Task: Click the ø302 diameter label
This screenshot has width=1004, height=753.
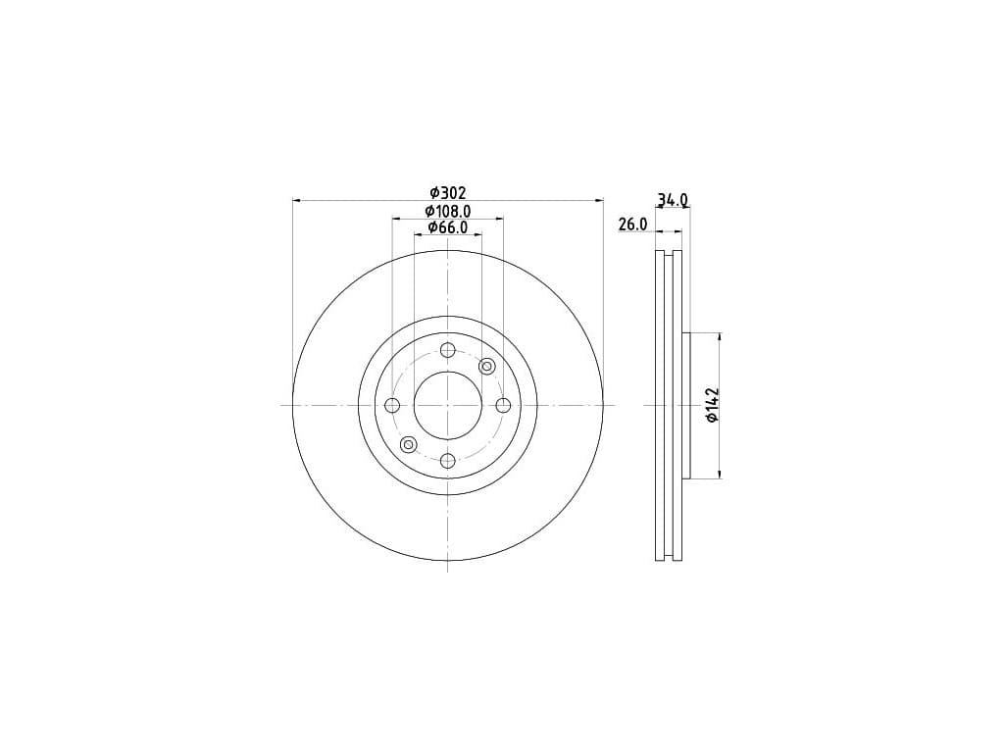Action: [x=448, y=192]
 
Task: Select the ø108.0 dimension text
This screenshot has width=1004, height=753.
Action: [x=448, y=211]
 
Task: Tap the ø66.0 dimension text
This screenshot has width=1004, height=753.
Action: [x=448, y=226]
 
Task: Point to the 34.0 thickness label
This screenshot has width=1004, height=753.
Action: [x=673, y=200]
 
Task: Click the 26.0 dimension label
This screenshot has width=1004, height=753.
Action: [x=633, y=225]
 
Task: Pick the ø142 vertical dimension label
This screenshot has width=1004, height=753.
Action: [x=713, y=405]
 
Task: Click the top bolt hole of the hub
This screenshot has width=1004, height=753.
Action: [x=447, y=350]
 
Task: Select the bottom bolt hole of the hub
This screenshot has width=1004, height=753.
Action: [x=447, y=461]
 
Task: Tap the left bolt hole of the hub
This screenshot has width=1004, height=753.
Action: [x=392, y=405]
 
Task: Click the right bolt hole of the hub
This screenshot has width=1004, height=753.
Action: [x=503, y=405]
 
